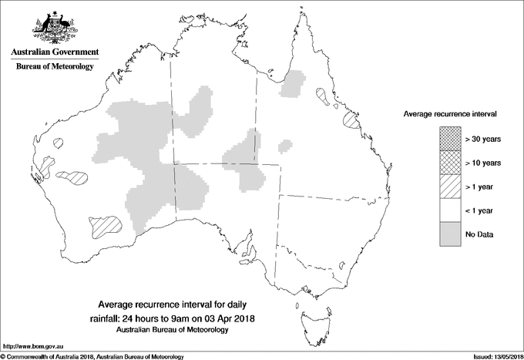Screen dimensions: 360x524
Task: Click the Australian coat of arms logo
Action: (54, 28)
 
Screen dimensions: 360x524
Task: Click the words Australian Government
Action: (54, 52)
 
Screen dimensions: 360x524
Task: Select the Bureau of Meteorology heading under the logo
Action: (54, 67)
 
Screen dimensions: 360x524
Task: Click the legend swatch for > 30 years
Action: (448, 140)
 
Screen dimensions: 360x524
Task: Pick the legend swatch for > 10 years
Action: (448, 163)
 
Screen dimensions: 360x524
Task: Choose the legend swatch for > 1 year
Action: (448, 187)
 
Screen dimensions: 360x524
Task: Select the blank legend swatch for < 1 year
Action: (448, 210)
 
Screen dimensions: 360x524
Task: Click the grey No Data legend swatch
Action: (448, 234)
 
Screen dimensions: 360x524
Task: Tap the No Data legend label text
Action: (479, 234)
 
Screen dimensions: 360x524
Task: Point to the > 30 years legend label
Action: (483, 140)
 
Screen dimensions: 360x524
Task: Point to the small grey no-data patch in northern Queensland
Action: (292, 84)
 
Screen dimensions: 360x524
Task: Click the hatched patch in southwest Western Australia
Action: (104, 226)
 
